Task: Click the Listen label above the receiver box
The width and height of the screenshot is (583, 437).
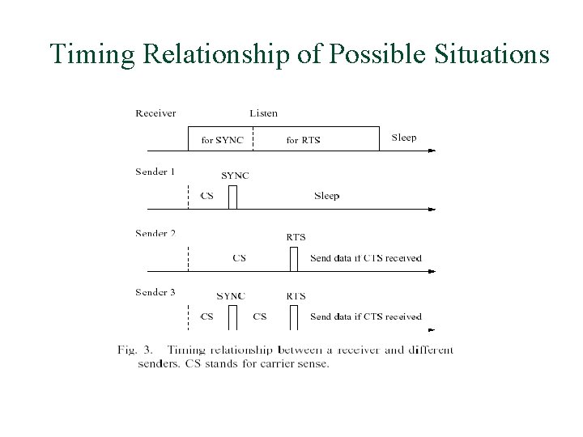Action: coord(263,112)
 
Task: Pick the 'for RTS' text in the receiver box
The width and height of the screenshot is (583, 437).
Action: coord(303,140)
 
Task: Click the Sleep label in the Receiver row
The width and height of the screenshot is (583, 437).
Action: coord(403,138)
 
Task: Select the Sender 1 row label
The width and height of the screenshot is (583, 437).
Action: coord(155,172)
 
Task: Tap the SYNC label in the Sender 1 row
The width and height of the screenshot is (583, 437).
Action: coord(235,176)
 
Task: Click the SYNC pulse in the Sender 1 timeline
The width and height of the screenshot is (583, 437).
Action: coord(232,197)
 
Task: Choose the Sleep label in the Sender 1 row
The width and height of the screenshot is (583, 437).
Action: coord(326,196)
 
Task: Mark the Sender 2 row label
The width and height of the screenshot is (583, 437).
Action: coord(155,233)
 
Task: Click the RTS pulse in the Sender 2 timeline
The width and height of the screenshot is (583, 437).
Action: coord(294,259)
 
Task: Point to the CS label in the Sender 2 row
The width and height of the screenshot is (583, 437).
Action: coord(239,258)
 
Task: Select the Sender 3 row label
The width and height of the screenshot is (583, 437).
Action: coord(155,292)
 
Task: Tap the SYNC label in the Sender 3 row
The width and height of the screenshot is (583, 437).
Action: coord(231,296)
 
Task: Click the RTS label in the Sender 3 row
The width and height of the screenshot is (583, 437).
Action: coord(296,296)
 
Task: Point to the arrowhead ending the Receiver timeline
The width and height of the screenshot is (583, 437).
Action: coord(431,150)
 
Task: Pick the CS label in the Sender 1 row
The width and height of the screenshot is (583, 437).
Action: coord(207,196)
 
